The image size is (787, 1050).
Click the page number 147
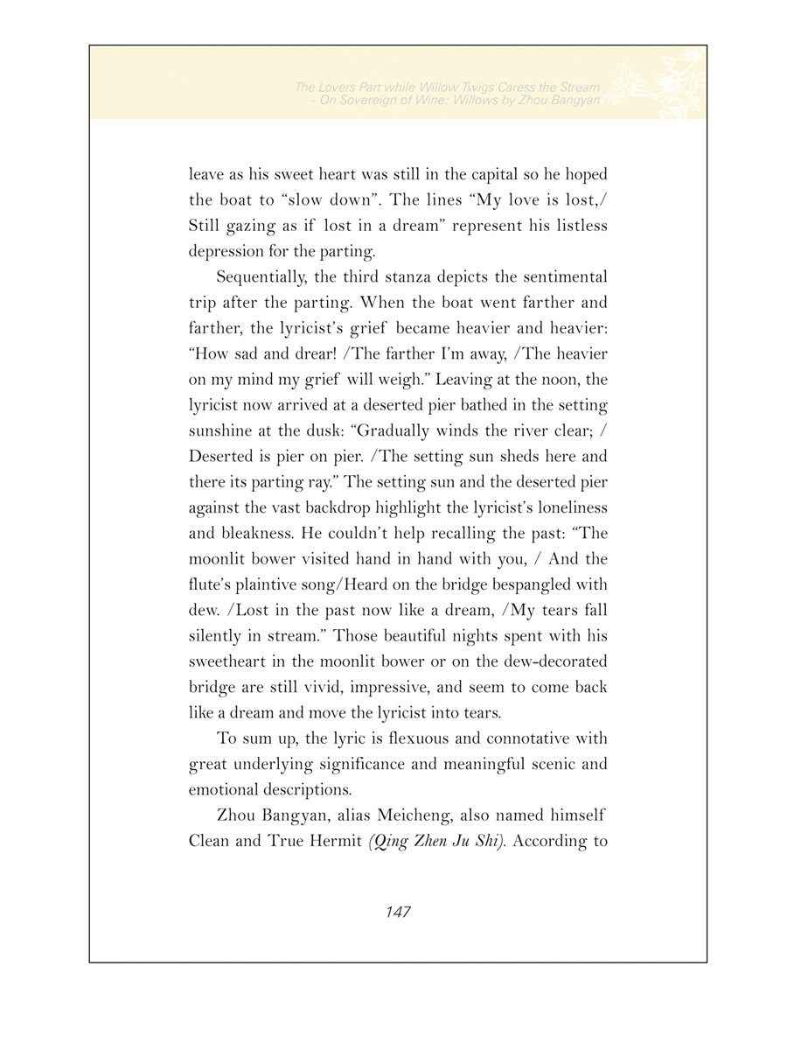pyautogui.click(x=398, y=912)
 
